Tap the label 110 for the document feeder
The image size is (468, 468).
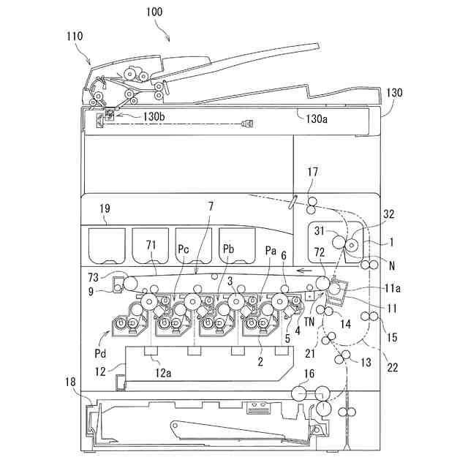point(74,35)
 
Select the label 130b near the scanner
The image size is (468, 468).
point(154,116)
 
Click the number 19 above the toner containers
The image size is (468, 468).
point(105,208)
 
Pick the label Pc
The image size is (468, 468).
point(183,249)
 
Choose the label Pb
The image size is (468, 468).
point(227,249)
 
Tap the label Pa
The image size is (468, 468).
point(271,249)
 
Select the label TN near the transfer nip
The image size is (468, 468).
point(312,320)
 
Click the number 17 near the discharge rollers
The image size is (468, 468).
point(312,173)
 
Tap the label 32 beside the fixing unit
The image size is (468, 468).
point(388,214)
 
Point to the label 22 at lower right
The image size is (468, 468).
point(392,368)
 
